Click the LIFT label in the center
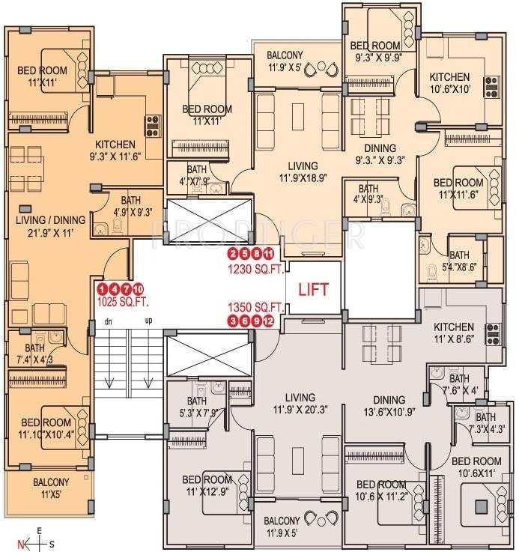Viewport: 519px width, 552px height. click(x=313, y=288)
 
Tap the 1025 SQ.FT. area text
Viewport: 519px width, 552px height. click(x=123, y=303)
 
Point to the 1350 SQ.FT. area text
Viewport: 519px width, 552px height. click(x=256, y=307)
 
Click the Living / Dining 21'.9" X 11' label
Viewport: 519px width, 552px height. click(x=46, y=228)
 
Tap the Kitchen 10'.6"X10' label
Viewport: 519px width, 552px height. click(x=449, y=83)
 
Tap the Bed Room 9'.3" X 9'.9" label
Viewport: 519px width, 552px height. click(x=377, y=51)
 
